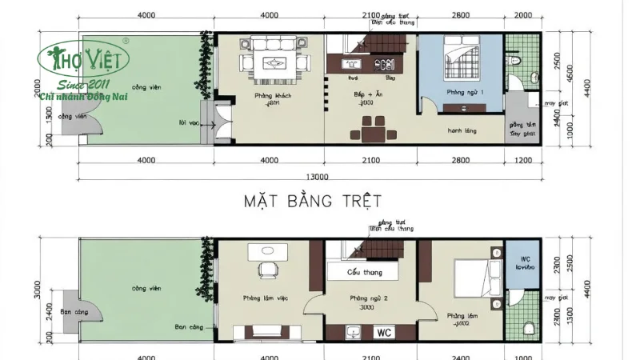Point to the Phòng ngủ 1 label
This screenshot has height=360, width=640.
click(465, 92)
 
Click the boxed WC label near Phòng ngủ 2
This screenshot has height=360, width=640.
click(384, 331)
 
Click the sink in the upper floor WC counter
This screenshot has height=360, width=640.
click(352, 331)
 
